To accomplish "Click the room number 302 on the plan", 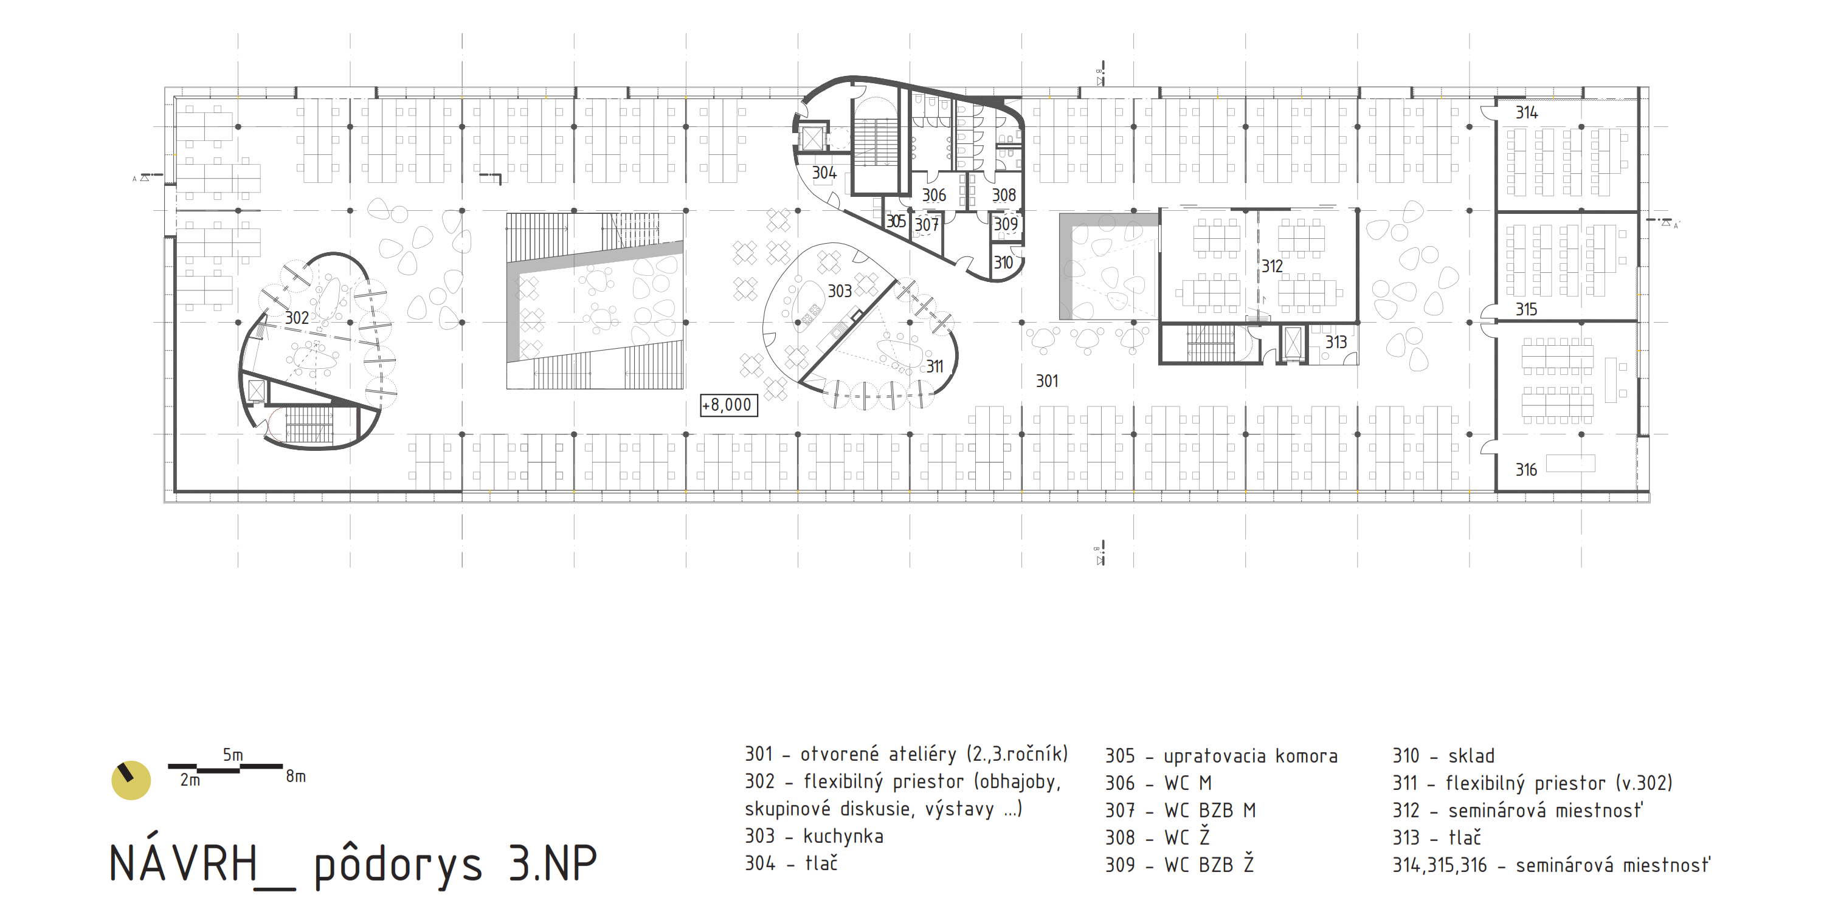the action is point(297,318).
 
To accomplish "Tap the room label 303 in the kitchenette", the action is point(840,292).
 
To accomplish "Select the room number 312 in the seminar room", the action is point(1272,267).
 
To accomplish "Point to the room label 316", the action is point(1526,470).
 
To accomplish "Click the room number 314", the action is point(1527,112).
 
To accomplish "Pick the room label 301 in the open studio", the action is point(1046,382).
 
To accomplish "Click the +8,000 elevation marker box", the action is point(728,405).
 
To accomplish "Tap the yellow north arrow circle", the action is point(131,780).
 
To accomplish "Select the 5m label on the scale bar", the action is point(233,755).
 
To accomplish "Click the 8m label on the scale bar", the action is point(296,777).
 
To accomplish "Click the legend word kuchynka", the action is point(843,837).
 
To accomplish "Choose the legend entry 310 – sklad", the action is point(1443,756).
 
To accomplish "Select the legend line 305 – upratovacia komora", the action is point(1221,756).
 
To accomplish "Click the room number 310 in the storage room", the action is point(1003,263).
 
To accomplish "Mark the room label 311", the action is point(934,366).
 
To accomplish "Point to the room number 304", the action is point(824,173).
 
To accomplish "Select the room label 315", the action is point(1526,310).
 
